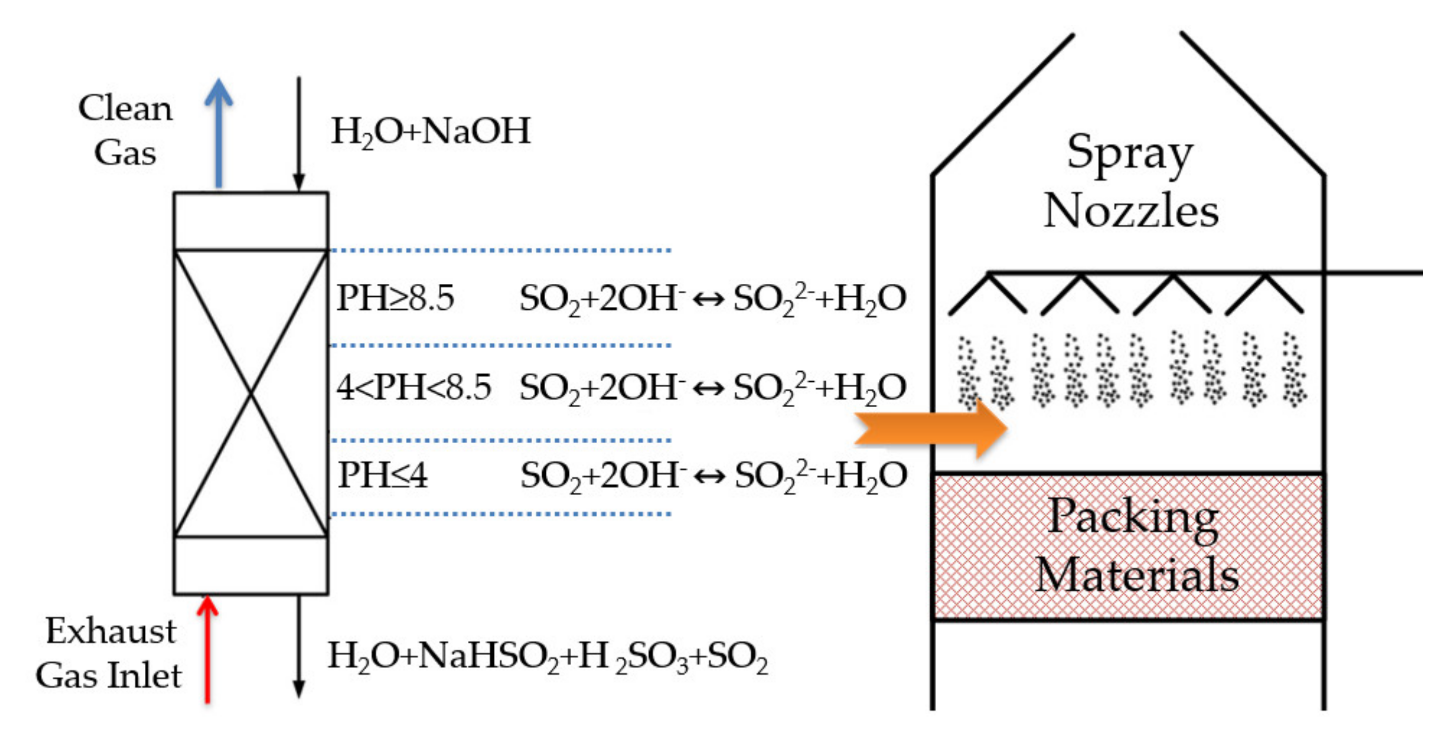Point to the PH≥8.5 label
click(395, 297)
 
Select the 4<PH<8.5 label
click(413, 387)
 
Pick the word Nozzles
click(1130, 211)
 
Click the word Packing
click(1132, 517)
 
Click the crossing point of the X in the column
click(251, 394)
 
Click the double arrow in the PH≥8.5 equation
click(709, 299)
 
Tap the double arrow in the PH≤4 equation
click(710, 477)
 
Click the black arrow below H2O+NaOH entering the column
click(299, 135)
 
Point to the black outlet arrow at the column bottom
click(299, 646)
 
